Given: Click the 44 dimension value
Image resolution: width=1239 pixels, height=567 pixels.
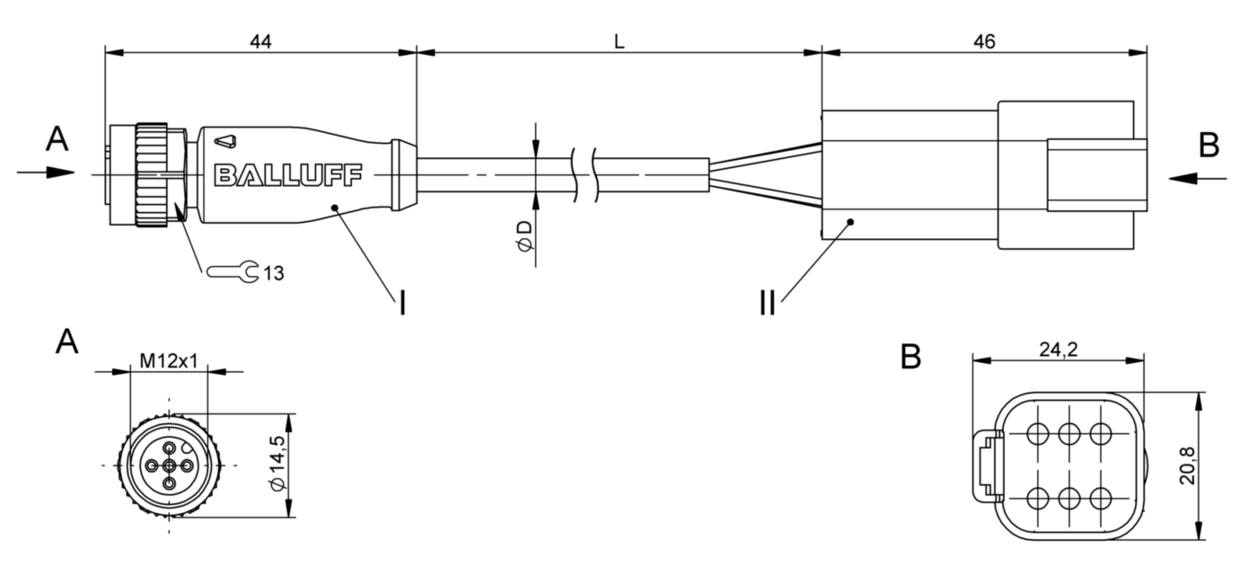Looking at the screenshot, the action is coord(260,42).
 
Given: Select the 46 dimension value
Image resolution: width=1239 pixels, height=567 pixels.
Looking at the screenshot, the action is coord(985,42).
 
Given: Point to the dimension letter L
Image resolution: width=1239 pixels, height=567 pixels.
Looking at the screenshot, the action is coord(619,42).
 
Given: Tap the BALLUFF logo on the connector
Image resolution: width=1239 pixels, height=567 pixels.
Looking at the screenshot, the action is coord(287,175).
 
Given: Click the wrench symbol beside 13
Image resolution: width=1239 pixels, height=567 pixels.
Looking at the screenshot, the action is coord(233,271).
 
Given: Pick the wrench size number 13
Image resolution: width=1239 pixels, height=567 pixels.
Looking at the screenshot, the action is coord(273,273).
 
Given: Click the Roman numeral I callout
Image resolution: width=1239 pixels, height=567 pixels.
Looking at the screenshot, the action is coord(402,303).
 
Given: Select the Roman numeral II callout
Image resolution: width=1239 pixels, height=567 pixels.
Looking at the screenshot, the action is coord(768,303).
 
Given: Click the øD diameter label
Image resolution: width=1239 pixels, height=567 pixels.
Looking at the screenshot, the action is coord(524,237).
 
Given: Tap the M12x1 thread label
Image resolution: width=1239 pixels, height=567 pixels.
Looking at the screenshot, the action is coord(168,361).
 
